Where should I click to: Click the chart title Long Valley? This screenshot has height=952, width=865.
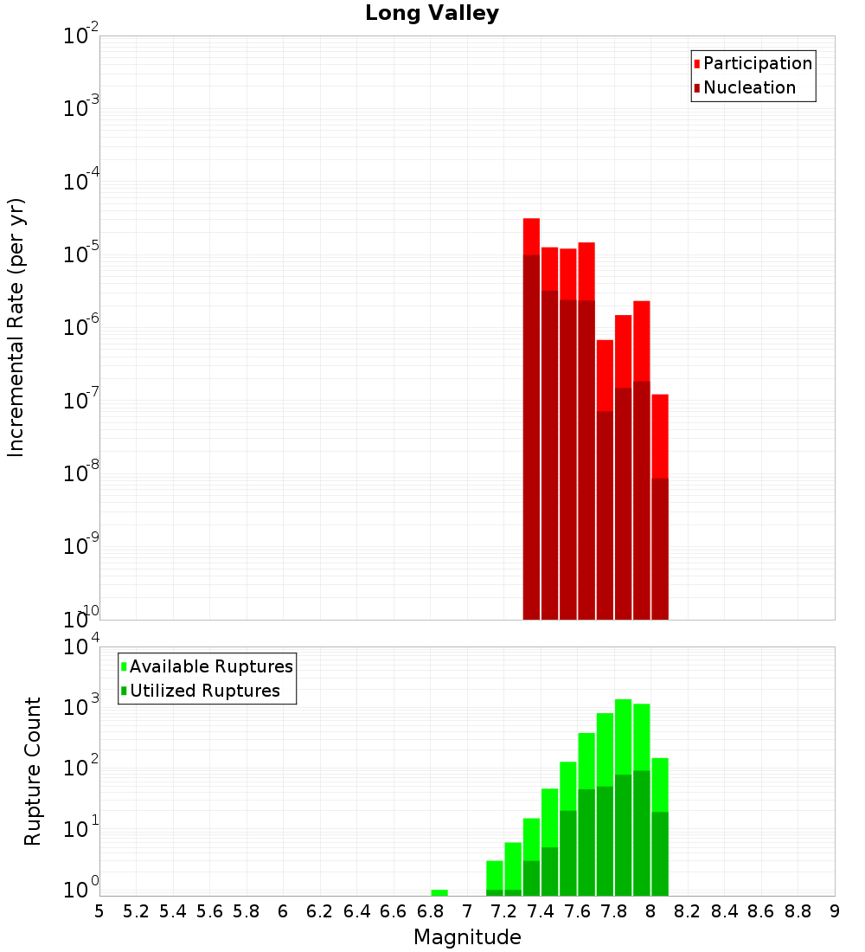click(x=432, y=14)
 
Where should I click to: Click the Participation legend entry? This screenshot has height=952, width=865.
click(x=757, y=64)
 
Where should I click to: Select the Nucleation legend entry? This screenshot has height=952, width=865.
click(x=749, y=88)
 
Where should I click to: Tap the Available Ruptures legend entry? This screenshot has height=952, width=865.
click(x=210, y=667)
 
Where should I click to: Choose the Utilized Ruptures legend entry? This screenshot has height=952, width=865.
click(x=204, y=691)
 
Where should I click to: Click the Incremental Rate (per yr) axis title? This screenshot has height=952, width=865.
click(x=16, y=327)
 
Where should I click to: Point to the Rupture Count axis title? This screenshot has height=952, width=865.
click(x=33, y=771)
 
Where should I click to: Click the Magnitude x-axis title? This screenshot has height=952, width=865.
click(x=467, y=937)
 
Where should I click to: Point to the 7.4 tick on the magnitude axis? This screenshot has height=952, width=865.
click(x=541, y=911)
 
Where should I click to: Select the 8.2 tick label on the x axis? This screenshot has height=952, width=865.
click(x=688, y=911)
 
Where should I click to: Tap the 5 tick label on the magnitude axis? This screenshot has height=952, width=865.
click(x=99, y=911)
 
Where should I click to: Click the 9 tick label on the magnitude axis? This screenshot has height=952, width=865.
click(x=835, y=911)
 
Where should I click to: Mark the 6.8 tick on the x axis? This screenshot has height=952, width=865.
click(x=430, y=911)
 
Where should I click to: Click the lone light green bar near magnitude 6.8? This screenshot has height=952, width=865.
click(x=439, y=892)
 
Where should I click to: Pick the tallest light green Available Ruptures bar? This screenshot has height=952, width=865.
click(x=623, y=736)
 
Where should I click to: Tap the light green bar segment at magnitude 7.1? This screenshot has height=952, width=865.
click(x=495, y=874)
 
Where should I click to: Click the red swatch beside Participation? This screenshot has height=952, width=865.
click(x=697, y=64)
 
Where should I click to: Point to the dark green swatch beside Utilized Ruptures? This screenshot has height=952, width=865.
click(x=124, y=691)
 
